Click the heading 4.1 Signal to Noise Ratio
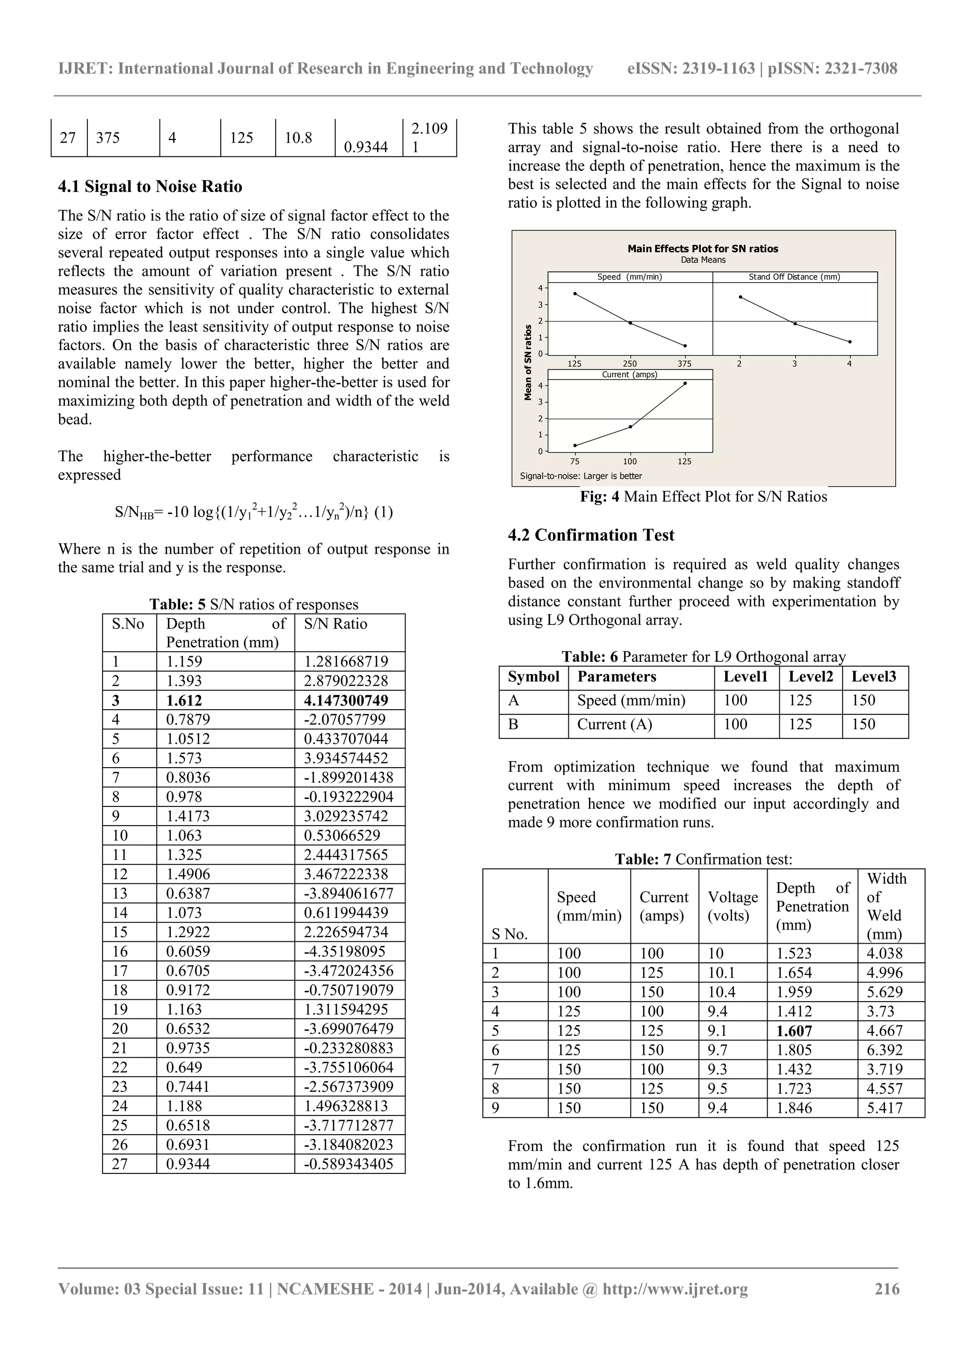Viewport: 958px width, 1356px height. [150, 187]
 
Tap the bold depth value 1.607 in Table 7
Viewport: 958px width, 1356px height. [794, 1031]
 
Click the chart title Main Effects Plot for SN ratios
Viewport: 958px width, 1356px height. [703, 249]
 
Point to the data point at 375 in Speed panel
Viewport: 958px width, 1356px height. [685, 345]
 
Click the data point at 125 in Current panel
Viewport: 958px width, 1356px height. [685, 383]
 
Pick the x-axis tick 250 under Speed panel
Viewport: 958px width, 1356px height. [630, 364]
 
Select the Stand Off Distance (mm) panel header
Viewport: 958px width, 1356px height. [794, 277]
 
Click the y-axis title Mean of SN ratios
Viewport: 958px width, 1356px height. [528, 363]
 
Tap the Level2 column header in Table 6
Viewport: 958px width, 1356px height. [811, 677]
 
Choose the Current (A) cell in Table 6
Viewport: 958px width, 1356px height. [615, 725]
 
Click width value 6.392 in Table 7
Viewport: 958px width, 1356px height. [884, 1050]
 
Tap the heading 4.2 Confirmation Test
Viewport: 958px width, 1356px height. [591, 535]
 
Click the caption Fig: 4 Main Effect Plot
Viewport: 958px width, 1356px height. [703, 497]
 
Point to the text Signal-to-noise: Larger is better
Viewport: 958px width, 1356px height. [580, 476]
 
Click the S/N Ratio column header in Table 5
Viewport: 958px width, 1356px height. [335, 624]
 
